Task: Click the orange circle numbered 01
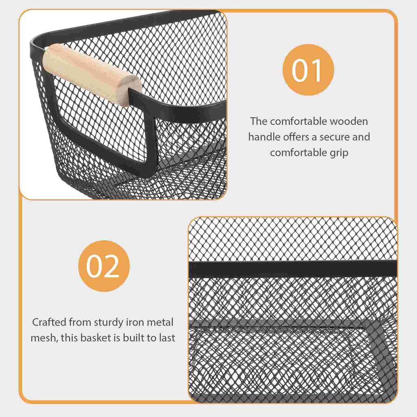click(x=308, y=70)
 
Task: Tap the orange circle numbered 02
click(x=103, y=266)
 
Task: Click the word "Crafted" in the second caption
click(x=49, y=323)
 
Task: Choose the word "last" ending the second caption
click(x=167, y=338)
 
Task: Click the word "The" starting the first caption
click(x=259, y=121)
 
